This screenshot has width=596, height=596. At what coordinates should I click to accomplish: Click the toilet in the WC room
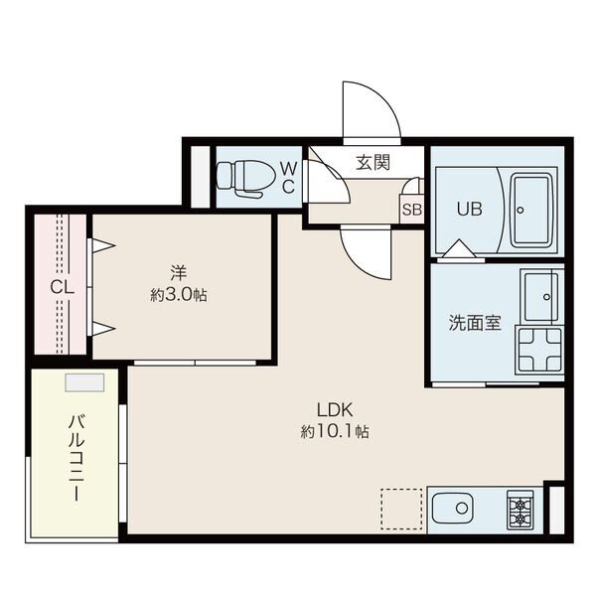[x=244, y=177]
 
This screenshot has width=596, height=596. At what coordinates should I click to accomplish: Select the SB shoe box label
[x=411, y=210]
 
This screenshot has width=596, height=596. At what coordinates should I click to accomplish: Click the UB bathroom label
[x=468, y=210]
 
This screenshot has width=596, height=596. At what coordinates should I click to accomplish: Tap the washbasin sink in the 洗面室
[x=541, y=295]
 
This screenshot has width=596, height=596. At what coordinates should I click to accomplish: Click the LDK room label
[x=336, y=410]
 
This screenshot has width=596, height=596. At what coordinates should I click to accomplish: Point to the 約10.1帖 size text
[x=336, y=432]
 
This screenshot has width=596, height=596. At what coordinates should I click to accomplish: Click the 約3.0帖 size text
[x=179, y=295]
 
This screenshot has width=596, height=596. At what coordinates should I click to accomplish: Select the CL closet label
[x=62, y=288]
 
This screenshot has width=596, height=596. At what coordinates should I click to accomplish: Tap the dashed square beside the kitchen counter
[x=402, y=509]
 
